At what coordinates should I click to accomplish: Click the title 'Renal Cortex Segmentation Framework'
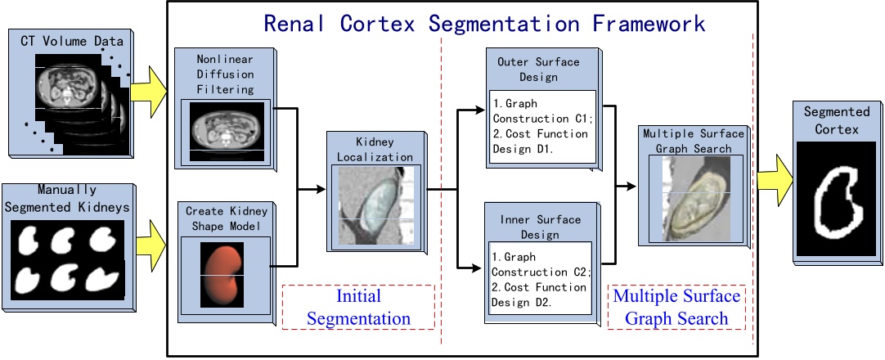point(484,22)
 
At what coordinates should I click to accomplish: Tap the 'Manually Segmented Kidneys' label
point(67,200)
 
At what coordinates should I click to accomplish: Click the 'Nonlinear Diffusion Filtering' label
point(222,75)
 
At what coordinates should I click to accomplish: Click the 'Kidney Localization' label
point(372,150)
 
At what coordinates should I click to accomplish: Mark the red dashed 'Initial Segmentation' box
point(358,307)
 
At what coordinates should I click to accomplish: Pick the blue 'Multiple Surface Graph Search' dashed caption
point(676,307)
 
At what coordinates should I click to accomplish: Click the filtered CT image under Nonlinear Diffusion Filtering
point(222,130)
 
